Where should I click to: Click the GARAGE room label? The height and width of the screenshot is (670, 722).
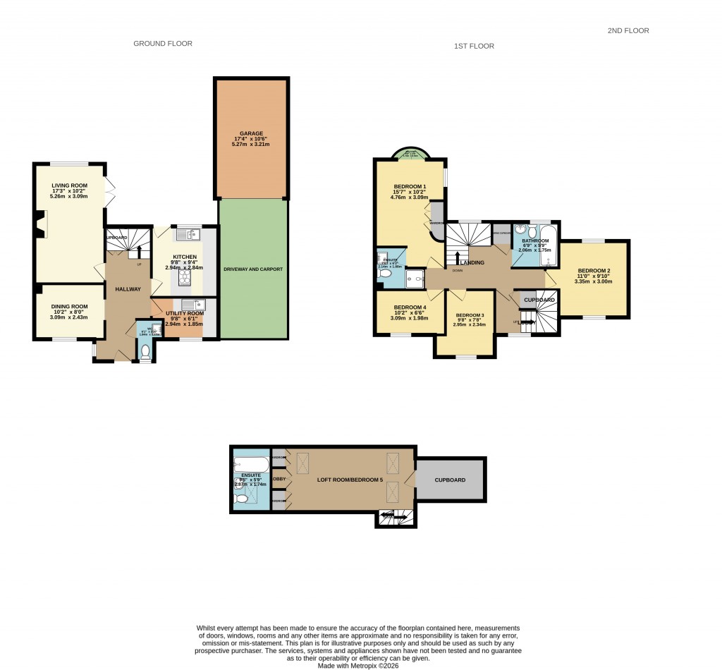(x=250, y=133)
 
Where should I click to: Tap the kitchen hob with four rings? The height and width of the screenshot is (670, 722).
(x=184, y=278)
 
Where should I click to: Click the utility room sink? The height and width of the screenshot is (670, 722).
(x=188, y=305)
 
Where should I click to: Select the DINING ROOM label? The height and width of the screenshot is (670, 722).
(x=69, y=306)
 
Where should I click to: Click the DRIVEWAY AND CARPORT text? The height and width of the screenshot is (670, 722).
(x=253, y=269)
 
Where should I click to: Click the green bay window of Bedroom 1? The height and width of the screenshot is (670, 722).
(x=410, y=154)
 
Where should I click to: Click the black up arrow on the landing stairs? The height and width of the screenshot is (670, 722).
(x=458, y=258)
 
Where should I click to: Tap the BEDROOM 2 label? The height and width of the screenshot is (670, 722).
(x=594, y=271)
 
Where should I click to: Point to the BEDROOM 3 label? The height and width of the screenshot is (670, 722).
(x=470, y=315)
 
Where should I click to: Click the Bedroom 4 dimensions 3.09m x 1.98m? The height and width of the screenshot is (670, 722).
(x=410, y=317)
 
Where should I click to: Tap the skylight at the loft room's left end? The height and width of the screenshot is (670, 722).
(x=305, y=465)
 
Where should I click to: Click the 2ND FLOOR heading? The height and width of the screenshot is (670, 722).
(x=628, y=30)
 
